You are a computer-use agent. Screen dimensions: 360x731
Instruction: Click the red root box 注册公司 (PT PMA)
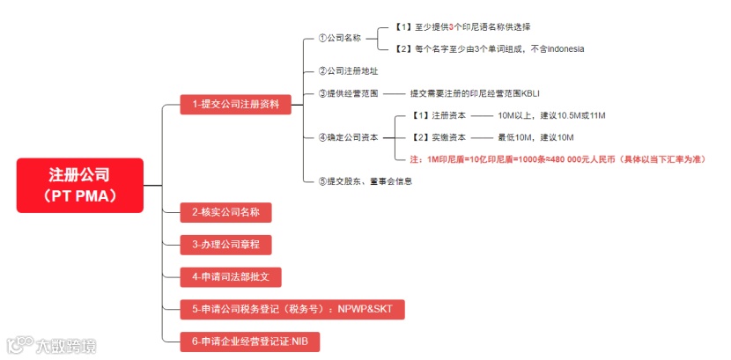[79, 185]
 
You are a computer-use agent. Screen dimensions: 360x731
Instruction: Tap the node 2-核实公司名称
[225, 212]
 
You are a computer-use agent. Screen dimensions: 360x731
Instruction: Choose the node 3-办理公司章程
[225, 244]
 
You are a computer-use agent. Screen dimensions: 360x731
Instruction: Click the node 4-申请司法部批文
[230, 276]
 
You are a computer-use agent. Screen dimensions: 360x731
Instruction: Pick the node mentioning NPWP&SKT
[292, 309]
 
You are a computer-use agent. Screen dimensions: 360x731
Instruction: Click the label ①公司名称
[339, 38]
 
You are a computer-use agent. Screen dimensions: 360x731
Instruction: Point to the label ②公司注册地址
[347, 70]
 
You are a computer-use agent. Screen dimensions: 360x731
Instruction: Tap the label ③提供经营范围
[347, 92]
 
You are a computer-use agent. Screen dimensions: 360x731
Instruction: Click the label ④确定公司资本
[347, 137]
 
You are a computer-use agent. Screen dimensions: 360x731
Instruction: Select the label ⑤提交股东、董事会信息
[365, 181]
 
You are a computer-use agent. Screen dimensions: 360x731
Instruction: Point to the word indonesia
[561, 48]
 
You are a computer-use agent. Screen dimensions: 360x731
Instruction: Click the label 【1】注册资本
[438, 115]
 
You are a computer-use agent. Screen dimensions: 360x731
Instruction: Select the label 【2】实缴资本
[438, 137]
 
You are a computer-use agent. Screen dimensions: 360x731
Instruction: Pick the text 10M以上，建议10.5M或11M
[551, 115]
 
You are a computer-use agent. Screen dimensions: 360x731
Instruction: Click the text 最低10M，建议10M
[535, 137]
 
